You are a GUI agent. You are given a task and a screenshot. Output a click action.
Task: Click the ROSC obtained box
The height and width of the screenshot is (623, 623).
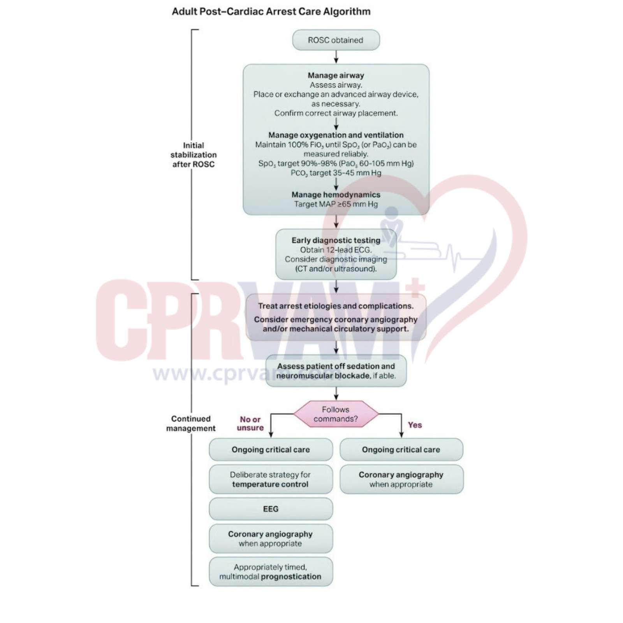[336, 40]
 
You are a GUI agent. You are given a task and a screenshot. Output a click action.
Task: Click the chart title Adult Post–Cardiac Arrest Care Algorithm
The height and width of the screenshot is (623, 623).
[271, 11]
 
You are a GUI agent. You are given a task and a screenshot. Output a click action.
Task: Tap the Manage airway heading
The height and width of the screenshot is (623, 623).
[336, 75]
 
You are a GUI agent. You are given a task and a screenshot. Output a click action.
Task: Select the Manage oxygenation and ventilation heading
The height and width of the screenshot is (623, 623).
[336, 135]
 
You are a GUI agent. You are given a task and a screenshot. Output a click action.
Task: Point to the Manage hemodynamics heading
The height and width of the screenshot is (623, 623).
[336, 195]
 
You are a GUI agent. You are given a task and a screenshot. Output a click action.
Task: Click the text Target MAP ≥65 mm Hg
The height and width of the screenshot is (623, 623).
[336, 204]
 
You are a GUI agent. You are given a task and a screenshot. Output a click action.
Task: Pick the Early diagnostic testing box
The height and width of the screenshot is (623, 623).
[336, 254]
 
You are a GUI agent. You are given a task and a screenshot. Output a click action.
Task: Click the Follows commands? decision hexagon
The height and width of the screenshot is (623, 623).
[336, 414]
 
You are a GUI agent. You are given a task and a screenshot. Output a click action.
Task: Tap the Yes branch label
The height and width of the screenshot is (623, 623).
[415, 425]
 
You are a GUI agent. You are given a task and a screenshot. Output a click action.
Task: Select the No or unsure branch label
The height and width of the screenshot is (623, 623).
[250, 423]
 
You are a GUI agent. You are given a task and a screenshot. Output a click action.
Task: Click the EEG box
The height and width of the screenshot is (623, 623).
[271, 509]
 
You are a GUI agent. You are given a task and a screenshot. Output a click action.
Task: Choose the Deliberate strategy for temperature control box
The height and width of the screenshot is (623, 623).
[271, 479]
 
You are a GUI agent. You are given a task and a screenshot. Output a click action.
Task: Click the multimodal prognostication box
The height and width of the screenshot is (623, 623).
[271, 572]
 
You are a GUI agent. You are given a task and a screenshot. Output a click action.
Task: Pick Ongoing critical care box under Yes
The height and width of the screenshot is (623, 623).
[401, 450]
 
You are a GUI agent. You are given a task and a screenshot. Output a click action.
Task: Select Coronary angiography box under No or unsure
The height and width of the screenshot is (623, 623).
[271, 539]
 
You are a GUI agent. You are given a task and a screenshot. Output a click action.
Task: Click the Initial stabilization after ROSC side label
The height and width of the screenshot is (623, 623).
[194, 155]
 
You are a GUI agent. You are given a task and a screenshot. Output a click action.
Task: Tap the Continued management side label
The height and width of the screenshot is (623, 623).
[191, 423]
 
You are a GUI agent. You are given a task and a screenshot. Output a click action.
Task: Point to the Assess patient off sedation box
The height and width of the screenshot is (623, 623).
[336, 371]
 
